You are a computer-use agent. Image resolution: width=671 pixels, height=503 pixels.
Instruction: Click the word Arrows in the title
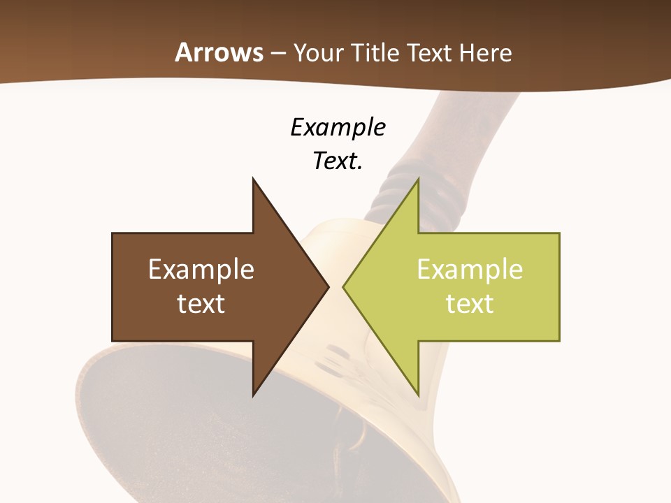(219, 52)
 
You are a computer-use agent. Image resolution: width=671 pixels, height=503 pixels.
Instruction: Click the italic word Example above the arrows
(338, 128)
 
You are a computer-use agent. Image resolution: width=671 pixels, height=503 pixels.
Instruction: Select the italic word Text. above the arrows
(338, 161)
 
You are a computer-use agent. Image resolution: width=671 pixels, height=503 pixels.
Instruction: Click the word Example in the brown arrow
(201, 270)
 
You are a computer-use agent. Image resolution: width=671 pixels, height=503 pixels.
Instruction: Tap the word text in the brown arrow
(201, 303)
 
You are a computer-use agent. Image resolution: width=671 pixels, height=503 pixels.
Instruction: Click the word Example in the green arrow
(470, 270)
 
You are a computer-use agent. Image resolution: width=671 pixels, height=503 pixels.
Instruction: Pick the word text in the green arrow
(470, 303)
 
